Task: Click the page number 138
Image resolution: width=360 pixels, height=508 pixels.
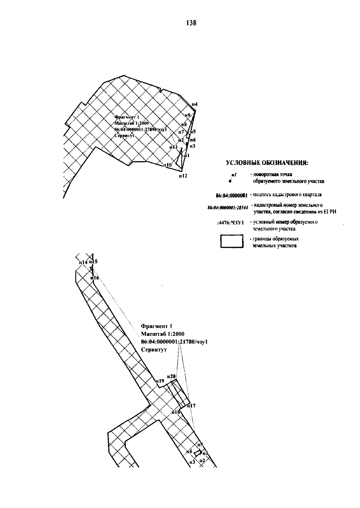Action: pyautogui.click(x=191, y=23)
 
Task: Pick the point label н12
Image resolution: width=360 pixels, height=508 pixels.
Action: pyautogui.click(x=183, y=176)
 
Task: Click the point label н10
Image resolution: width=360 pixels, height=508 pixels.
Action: pyautogui.click(x=167, y=165)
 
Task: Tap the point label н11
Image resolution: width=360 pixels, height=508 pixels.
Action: pyautogui.click(x=173, y=147)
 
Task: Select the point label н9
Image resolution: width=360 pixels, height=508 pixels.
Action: pyautogui.click(x=187, y=115)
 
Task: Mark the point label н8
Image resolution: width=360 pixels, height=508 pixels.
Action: pyautogui.click(x=184, y=124)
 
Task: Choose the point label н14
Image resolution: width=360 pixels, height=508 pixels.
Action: pyautogui.click(x=83, y=262)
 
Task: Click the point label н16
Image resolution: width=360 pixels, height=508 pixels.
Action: pyautogui.click(x=95, y=278)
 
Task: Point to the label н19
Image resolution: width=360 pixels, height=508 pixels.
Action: pyautogui.click(x=160, y=381)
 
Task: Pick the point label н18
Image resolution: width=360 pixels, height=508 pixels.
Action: pyautogui.click(x=175, y=412)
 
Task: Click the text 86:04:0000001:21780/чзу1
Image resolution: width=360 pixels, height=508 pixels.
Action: pyautogui.click(x=174, y=342)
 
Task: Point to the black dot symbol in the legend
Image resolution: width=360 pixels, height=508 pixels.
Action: pyautogui.click(x=230, y=181)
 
